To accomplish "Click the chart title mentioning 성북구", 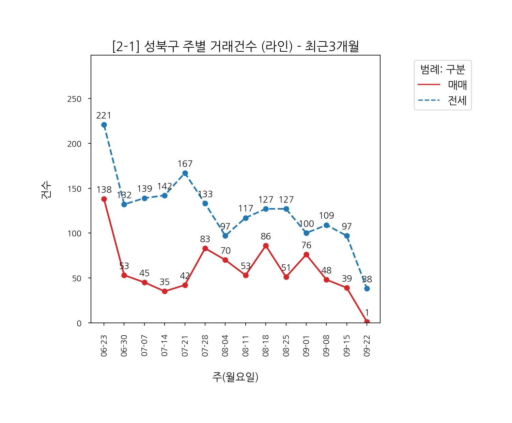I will [235, 46].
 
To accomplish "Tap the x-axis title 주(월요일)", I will [235, 377].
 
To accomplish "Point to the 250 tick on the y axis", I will [74, 99].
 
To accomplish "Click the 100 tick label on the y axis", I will [74, 234].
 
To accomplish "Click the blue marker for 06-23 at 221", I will [104, 125].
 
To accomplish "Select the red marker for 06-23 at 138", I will [104, 199].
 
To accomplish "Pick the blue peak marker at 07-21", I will [185, 173].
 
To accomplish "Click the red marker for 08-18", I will [266, 246].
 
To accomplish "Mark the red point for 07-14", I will [165, 291].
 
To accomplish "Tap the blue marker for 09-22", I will [367, 288].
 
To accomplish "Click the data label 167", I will [185, 164].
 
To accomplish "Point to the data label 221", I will [104, 116].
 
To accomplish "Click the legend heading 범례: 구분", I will [443, 70].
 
